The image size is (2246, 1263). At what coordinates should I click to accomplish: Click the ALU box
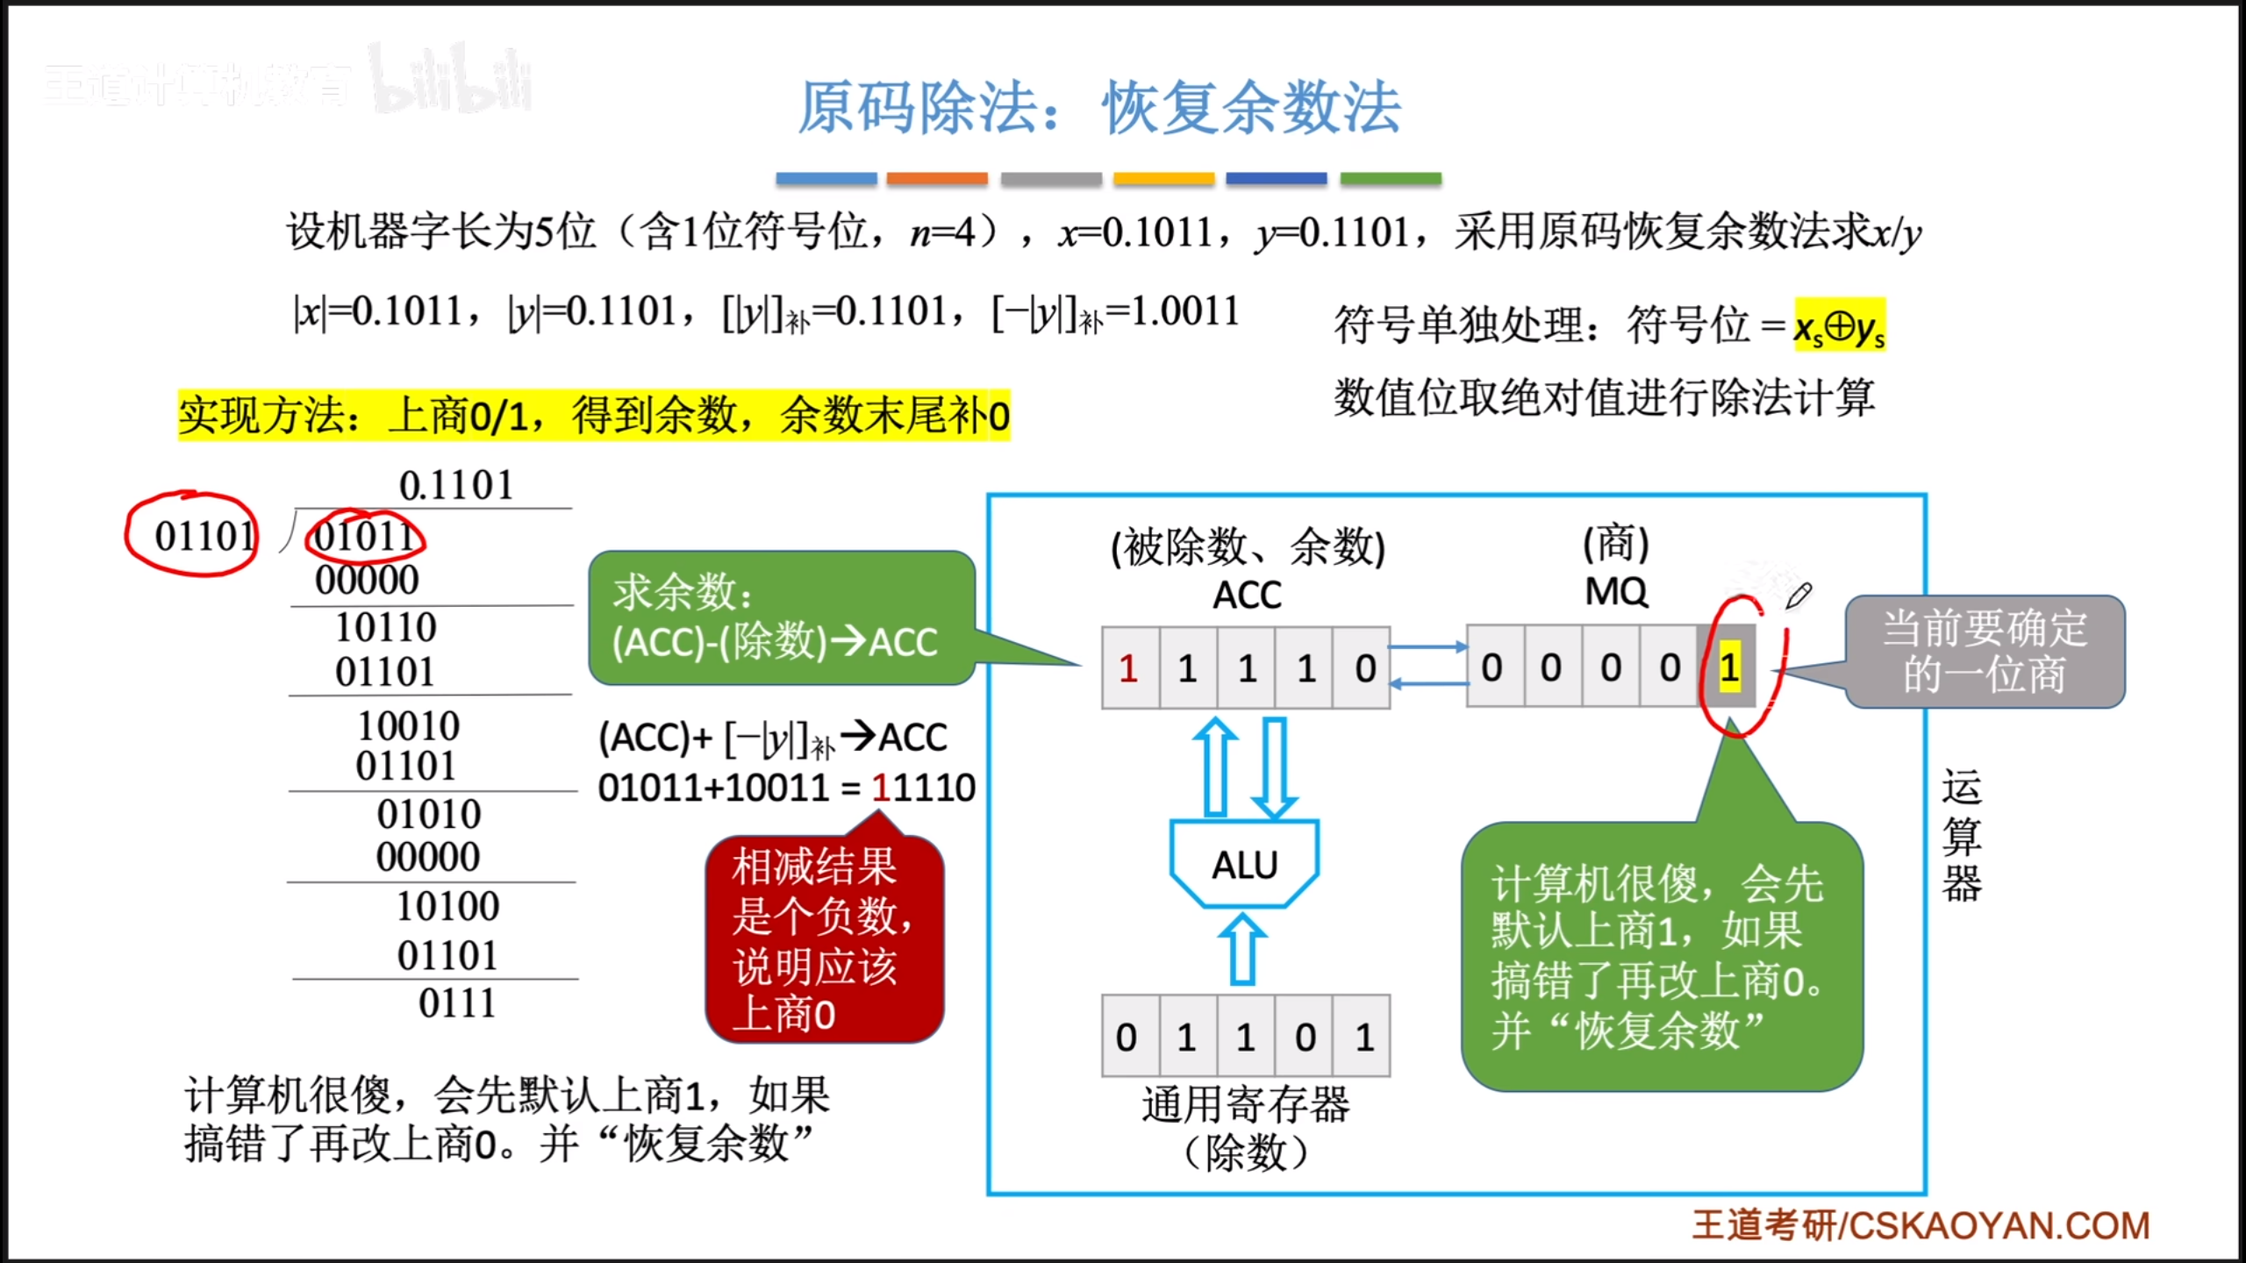click(x=1244, y=864)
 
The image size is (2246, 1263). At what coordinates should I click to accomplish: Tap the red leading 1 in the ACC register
click(x=1129, y=668)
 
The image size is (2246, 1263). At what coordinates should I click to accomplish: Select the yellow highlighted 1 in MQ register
click(x=1729, y=668)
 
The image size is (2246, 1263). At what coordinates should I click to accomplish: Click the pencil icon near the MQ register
click(x=1798, y=596)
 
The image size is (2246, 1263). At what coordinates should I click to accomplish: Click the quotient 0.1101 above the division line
click(x=456, y=485)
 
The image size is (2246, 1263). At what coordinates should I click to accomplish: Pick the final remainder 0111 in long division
click(x=457, y=1003)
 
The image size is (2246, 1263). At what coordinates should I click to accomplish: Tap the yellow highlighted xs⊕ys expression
click(x=1839, y=326)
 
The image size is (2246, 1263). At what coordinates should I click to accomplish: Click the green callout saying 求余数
click(x=781, y=617)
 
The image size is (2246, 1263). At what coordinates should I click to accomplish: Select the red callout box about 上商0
click(x=824, y=938)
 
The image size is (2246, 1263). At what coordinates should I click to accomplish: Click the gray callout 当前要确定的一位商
click(x=1985, y=652)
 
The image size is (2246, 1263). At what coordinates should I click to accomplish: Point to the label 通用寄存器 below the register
click(x=1246, y=1104)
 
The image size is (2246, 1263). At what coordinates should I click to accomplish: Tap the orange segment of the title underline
click(x=937, y=179)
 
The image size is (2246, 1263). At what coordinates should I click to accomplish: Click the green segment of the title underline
click(x=1391, y=179)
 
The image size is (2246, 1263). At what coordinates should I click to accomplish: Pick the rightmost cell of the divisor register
click(x=1363, y=1037)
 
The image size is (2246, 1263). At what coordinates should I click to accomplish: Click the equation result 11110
click(x=923, y=788)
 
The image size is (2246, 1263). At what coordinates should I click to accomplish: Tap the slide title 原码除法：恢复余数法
click(x=1098, y=107)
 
